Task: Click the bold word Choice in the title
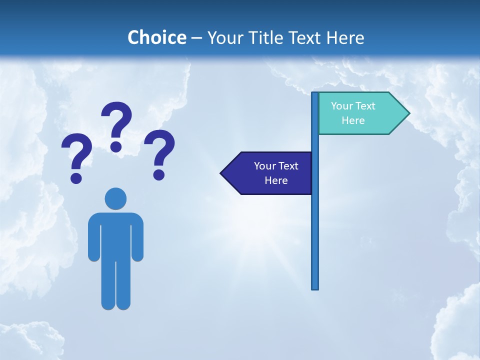click(x=156, y=37)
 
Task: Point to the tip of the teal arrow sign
click(x=408, y=113)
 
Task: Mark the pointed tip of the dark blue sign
click(x=221, y=173)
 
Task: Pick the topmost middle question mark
click(x=116, y=125)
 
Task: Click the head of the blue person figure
click(x=115, y=198)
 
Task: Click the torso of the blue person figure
click(x=115, y=235)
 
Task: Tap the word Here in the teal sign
click(x=353, y=120)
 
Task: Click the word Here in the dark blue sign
click(x=276, y=180)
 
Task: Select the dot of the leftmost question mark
click(x=76, y=177)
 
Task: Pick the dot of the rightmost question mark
click(x=159, y=174)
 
